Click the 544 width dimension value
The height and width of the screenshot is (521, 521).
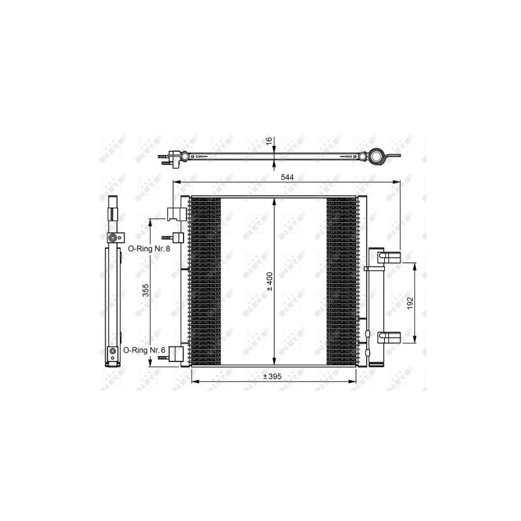click(287, 177)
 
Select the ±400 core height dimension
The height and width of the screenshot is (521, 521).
click(270, 281)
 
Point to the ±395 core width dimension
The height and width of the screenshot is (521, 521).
click(272, 376)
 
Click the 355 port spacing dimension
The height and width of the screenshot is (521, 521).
click(146, 290)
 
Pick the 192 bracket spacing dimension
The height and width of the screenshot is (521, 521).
click(410, 303)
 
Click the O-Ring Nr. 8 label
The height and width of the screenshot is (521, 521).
click(149, 249)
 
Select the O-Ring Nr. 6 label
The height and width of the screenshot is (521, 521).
click(144, 350)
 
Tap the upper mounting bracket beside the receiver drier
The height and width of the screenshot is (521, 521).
click(389, 257)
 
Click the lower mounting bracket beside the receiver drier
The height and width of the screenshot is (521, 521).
click(389, 337)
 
